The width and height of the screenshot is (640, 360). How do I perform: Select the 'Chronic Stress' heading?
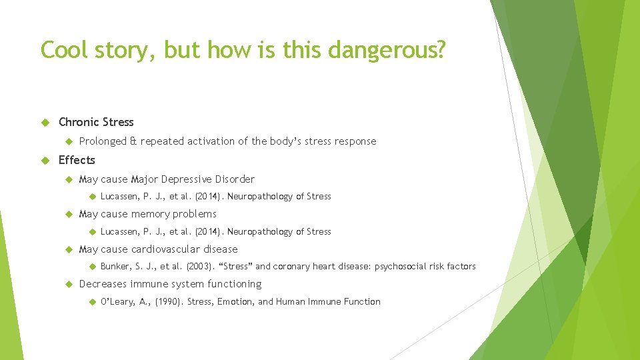96,122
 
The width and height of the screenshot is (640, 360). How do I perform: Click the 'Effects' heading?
77,160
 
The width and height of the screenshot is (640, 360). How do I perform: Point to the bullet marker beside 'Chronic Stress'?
46,122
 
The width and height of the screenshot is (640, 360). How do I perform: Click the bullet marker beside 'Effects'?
46,160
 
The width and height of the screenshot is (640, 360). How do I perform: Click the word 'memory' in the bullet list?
150,214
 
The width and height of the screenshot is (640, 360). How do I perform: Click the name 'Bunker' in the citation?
115,267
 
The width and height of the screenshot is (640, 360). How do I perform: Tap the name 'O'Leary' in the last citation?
117,302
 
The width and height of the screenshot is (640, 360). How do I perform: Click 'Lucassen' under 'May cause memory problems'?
120,232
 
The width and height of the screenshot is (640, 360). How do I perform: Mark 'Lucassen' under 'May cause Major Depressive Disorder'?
120,197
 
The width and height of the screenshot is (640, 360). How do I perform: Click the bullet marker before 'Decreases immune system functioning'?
67,284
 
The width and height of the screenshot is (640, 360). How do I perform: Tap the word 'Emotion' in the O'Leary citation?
234,302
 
